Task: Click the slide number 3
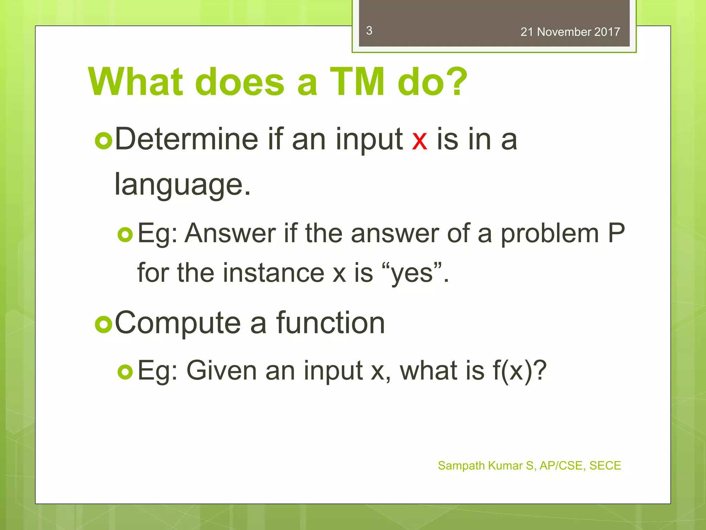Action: click(x=369, y=31)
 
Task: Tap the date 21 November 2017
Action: click(x=570, y=32)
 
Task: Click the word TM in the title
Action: click(x=357, y=82)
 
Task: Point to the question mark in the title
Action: click(x=456, y=82)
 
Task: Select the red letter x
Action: click(x=420, y=141)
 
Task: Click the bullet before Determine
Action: click(x=103, y=141)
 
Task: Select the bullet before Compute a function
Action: click(x=103, y=324)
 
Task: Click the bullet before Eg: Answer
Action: click(x=125, y=235)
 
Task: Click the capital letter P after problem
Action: click(x=616, y=233)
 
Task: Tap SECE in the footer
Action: click(x=605, y=465)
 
